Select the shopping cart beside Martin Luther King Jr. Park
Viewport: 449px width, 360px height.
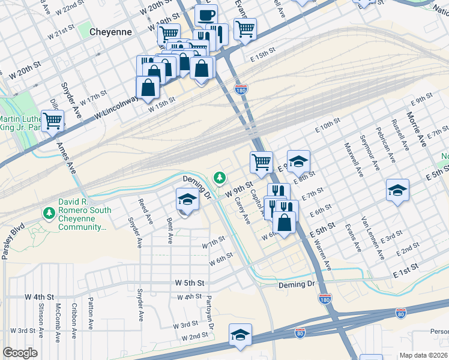[x=53, y=121]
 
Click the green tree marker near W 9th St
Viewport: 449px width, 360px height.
[x=220, y=177]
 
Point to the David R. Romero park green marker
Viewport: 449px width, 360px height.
[x=48, y=212]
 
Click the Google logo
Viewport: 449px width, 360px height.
[x=20, y=353]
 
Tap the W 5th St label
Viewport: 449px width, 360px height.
[x=190, y=282]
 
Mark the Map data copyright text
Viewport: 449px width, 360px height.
[x=424, y=355]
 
